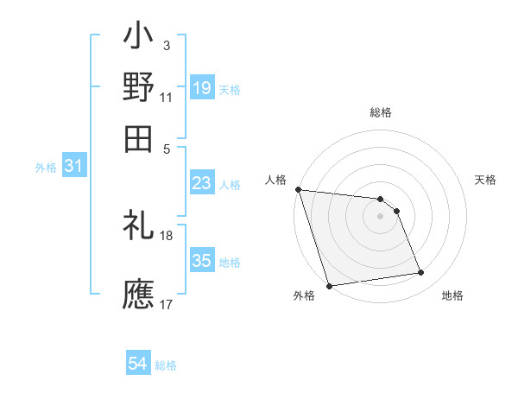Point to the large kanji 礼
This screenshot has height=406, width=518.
click(x=138, y=227)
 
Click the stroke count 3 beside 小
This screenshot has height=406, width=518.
click(x=166, y=45)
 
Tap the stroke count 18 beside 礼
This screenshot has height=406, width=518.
click(x=167, y=235)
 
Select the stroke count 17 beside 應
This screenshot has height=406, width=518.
click(x=167, y=304)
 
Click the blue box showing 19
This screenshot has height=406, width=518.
click(x=202, y=88)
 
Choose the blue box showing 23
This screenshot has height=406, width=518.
click(x=202, y=184)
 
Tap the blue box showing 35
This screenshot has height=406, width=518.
click(x=202, y=261)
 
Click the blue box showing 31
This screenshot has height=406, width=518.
click(x=74, y=167)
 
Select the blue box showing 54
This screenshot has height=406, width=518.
click(x=138, y=365)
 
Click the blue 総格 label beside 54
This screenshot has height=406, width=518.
click(x=167, y=365)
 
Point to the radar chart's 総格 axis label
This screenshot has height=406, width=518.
click(x=381, y=112)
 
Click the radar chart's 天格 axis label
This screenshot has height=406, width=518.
click(x=486, y=180)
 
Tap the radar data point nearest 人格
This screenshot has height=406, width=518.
click(x=298, y=189)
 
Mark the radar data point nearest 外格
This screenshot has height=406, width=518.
click(x=330, y=286)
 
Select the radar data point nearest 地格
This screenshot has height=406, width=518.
click(x=421, y=273)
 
